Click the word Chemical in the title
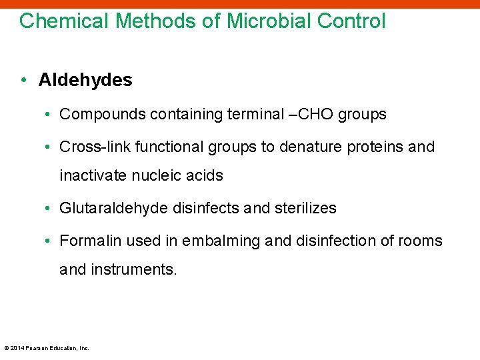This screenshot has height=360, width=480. click(x=64, y=21)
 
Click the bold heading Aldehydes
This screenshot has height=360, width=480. click(x=85, y=81)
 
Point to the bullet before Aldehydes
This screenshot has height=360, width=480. click(x=24, y=81)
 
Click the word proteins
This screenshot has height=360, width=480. click(x=375, y=147)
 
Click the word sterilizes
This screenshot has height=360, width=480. click(x=303, y=208)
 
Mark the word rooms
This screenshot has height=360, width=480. click(x=421, y=241)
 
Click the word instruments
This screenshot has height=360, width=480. click(x=134, y=270)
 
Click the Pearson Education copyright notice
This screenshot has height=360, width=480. click(x=47, y=348)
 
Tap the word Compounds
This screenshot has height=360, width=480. click(x=103, y=115)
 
